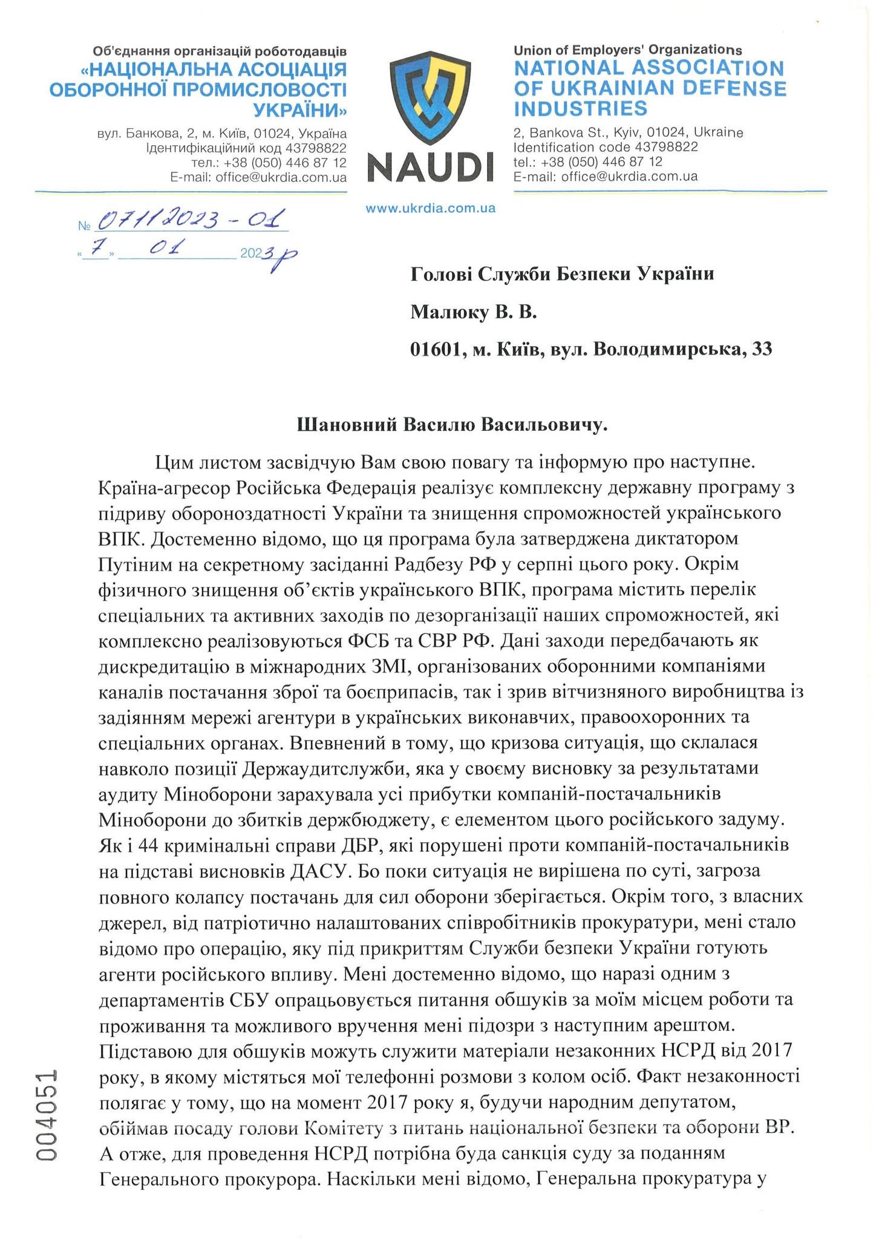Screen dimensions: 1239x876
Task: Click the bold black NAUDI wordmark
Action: pyautogui.click(x=430, y=167)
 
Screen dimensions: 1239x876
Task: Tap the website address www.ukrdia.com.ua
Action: pyautogui.click(x=430, y=208)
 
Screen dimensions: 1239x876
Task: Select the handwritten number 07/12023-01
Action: pyautogui.click(x=192, y=220)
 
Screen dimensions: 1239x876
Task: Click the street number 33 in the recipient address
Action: pyautogui.click(x=761, y=349)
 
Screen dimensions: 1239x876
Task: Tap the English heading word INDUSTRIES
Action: pyautogui.click(x=580, y=110)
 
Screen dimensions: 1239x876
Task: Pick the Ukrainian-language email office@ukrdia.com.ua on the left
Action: pyautogui.click(x=258, y=177)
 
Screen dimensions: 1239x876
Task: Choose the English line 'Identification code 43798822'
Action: pyautogui.click(x=605, y=147)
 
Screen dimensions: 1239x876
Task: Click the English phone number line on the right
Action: pyautogui.click(x=587, y=162)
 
